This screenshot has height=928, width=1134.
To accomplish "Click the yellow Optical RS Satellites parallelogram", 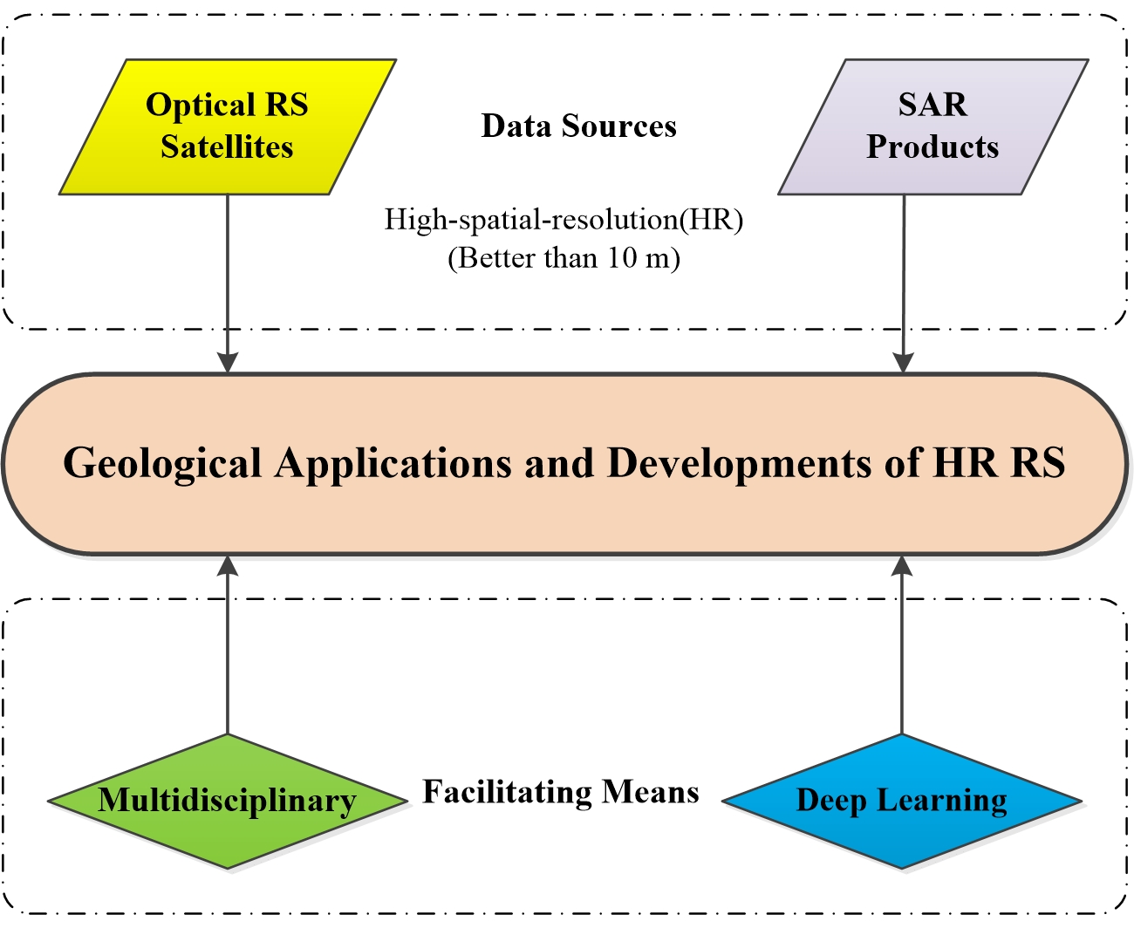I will [227, 126].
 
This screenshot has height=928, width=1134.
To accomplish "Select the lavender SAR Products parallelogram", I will [932, 126].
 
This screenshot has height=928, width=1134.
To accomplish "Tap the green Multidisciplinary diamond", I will [227, 801].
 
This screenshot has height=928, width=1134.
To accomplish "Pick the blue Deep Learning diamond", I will [902, 801].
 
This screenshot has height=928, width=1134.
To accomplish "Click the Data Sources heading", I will [578, 126].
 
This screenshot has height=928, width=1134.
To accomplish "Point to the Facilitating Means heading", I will [561, 792].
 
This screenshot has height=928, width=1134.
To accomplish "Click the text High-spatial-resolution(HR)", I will [564, 220].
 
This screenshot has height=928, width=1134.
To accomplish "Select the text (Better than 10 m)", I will [564, 258].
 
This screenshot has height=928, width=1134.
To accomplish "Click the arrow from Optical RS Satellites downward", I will [228, 279].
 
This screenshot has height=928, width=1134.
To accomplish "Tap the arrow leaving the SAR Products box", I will [904, 279].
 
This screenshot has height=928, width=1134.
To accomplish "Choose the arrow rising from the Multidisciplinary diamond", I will [228, 645].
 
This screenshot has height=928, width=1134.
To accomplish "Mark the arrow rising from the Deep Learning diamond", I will [902, 645].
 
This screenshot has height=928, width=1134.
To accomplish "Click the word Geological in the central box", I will [162, 463].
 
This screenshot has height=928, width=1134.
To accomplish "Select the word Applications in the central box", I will [393, 463].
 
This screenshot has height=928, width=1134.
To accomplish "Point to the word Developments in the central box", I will [738, 463].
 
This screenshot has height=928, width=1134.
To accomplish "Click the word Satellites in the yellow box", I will [227, 147].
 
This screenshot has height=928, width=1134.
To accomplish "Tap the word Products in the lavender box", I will [932, 147].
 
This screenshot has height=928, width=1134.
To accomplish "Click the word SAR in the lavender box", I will [932, 105].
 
